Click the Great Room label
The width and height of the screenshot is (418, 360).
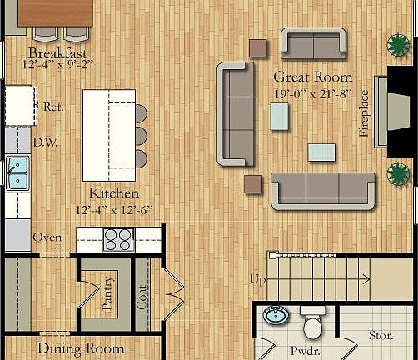(312, 77)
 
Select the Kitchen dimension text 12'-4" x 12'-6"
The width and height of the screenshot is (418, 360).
(114, 210)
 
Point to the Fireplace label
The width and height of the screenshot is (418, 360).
(364, 118)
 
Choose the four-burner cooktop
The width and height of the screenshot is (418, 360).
(117, 240)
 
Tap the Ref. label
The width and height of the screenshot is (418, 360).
(54, 107)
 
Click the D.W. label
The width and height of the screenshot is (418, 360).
(44, 142)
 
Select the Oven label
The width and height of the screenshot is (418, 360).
(47, 237)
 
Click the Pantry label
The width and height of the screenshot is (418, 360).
(107, 294)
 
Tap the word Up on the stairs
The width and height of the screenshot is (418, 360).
(259, 278)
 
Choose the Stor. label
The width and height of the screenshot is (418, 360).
(381, 336)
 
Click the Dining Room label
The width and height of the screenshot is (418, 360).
(81, 349)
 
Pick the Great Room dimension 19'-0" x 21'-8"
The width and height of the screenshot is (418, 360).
(312, 93)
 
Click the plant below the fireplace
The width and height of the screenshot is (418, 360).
(399, 174)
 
